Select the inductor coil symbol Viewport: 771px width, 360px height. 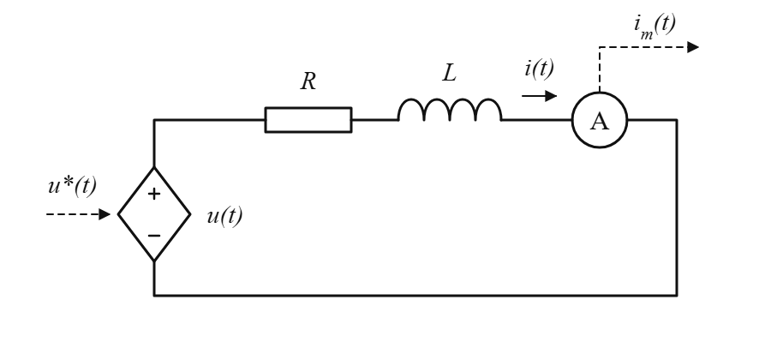coord(450,101)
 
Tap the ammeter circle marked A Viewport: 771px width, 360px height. coord(600,92)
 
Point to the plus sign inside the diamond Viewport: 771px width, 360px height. coord(154,194)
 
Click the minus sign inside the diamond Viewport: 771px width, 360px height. coord(154,236)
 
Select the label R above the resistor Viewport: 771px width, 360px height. coord(308,81)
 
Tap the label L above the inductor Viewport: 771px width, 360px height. coord(450,73)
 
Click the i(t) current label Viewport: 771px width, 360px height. coord(540,69)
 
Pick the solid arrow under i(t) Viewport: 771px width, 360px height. coord(539,96)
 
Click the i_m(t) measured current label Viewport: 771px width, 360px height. coord(655,26)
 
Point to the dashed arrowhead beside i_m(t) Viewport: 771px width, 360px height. coord(693,47)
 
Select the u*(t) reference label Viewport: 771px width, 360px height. coord(72,186)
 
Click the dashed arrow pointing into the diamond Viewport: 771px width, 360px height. coord(78,214)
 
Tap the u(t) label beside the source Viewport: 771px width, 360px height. coord(224,216)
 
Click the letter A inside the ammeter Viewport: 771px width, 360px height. coord(600,121)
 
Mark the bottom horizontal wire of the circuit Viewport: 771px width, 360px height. coord(415,296)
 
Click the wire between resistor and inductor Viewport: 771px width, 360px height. coord(375,119)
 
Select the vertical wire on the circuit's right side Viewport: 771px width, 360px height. coord(677,207)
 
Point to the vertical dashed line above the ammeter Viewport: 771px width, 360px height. coord(600,69)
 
